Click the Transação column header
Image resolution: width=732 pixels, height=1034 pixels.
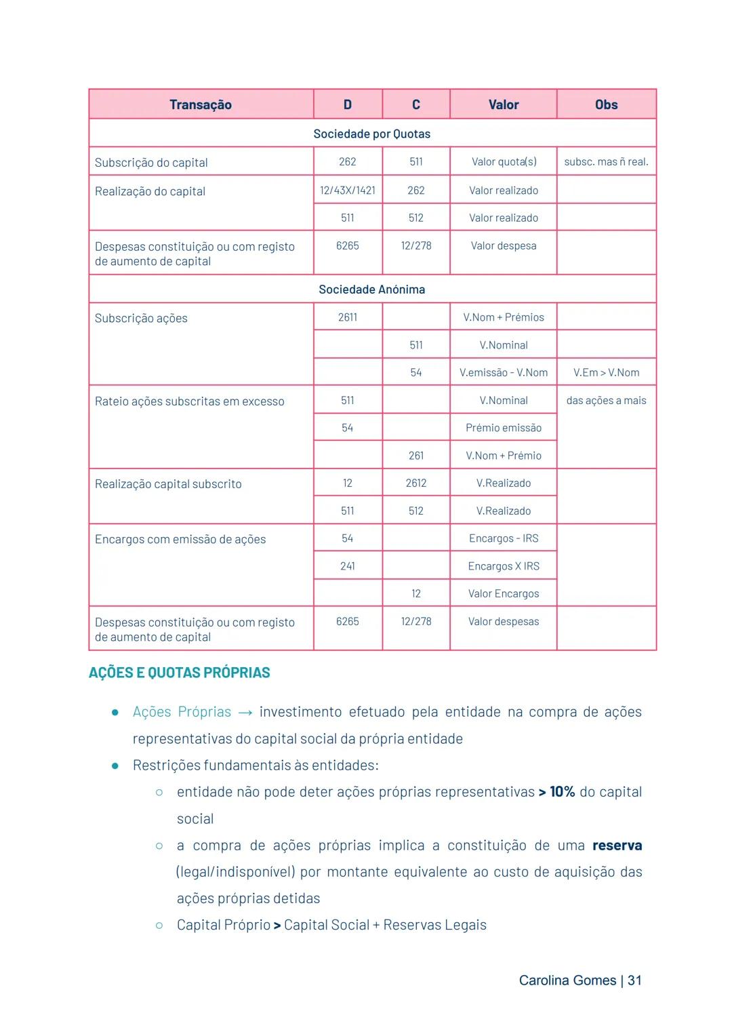pyautogui.click(x=201, y=104)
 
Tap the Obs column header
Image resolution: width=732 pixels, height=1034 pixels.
pyautogui.click(x=606, y=104)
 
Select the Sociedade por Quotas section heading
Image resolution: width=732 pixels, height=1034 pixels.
pyautogui.click(x=371, y=134)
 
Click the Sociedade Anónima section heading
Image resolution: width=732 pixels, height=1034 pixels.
pyautogui.click(x=371, y=290)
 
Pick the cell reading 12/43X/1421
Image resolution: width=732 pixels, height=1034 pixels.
pyautogui.click(x=348, y=191)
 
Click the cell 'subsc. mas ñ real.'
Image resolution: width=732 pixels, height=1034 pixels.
pyautogui.click(x=606, y=162)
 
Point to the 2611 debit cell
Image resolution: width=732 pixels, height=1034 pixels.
pyautogui.click(x=348, y=317)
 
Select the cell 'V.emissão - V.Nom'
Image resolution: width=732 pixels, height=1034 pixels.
pyautogui.click(x=503, y=372)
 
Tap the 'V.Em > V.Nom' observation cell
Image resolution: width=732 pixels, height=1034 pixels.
pyautogui.click(x=606, y=372)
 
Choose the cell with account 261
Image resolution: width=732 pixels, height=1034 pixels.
pyautogui.click(x=416, y=456)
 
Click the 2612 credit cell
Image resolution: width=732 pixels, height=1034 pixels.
pyautogui.click(x=416, y=483)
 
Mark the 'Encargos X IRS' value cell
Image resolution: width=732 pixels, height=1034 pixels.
pyautogui.click(x=503, y=566)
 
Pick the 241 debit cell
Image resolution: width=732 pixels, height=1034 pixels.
pyautogui.click(x=348, y=566)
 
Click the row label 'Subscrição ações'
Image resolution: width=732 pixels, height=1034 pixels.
pyautogui.click(x=141, y=319)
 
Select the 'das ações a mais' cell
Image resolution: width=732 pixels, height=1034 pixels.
pyautogui.click(x=606, y=401)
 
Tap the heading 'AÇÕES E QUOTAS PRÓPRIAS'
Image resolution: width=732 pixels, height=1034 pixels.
pyautogui.click(x=179, y=673)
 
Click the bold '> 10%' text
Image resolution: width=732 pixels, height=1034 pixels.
pyautogui.click(x=556, y=792)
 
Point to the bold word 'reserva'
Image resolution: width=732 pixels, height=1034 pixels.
pyautogui.click(x=617, y=846)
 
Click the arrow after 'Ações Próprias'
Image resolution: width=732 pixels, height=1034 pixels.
pyautogui.click(x=245, y=713)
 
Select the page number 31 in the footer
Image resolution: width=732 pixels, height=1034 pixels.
pyautogui.click(x=634, y=980)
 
